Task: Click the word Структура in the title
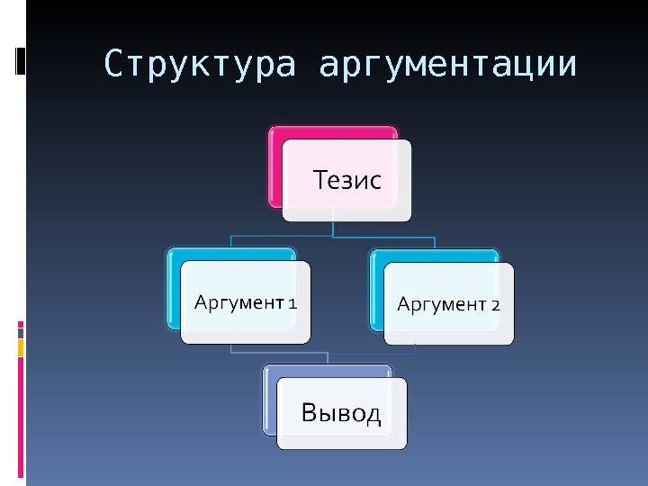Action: [x=200, y=65]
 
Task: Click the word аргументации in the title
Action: [x=447, y=66]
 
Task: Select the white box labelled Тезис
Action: [x=346, y=180]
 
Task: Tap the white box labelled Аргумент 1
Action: [x=245, y=302]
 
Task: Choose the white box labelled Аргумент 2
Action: [x=449, y=304]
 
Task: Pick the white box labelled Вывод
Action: [x=341, y=413]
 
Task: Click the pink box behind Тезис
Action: [x=275, y=166]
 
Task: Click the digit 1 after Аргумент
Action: [x=292, y=302]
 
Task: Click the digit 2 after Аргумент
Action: [x=496, y=304]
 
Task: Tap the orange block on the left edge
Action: [x=21, y=347]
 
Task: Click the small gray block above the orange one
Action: [x=21, y=333]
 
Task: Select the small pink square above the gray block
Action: [x=21, y=324]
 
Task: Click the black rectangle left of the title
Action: [x=21, y=59]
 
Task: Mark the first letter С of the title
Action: [x=112, y=65]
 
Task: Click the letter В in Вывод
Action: [x=310, y=413]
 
